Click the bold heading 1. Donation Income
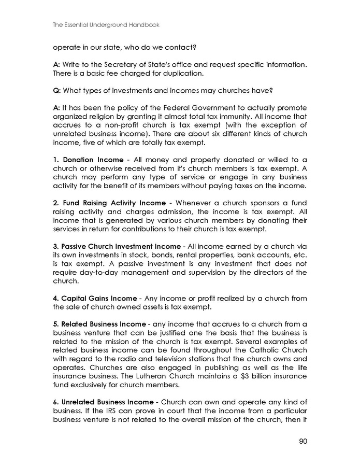click(88, 160)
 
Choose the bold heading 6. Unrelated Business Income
click(103, 402)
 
